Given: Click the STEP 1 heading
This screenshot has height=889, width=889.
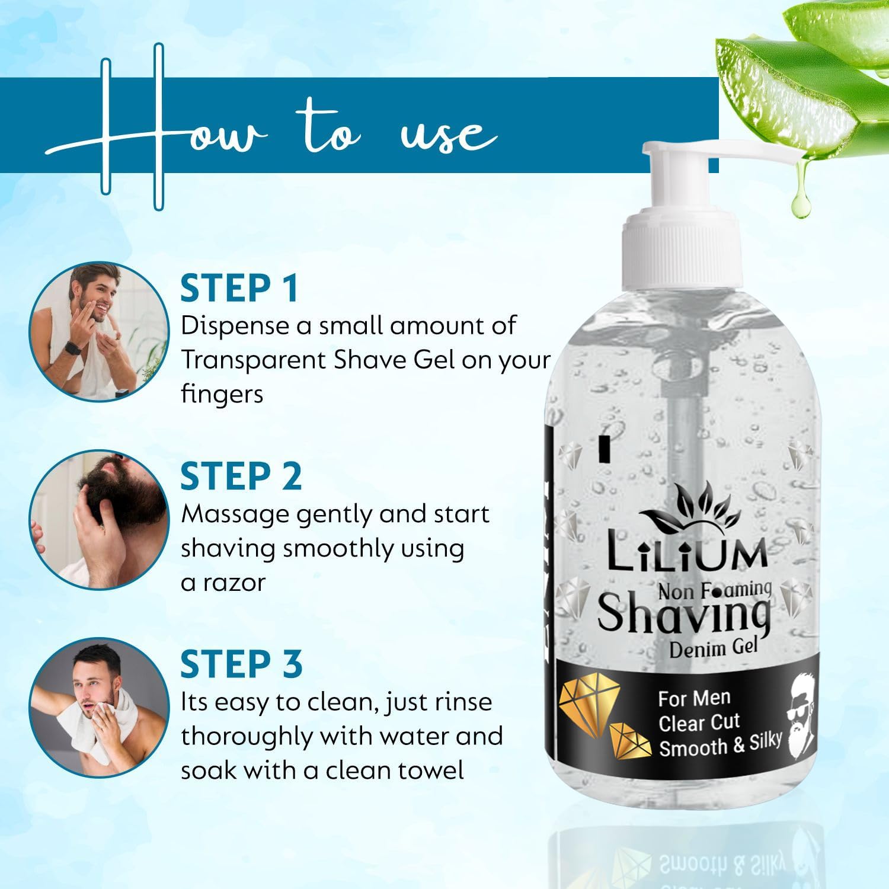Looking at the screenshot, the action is click(x=239, y=288).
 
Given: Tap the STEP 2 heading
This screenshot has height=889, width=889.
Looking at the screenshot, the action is click(x=241, y=476).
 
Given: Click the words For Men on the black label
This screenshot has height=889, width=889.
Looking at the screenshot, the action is click(x=694, y=699).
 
